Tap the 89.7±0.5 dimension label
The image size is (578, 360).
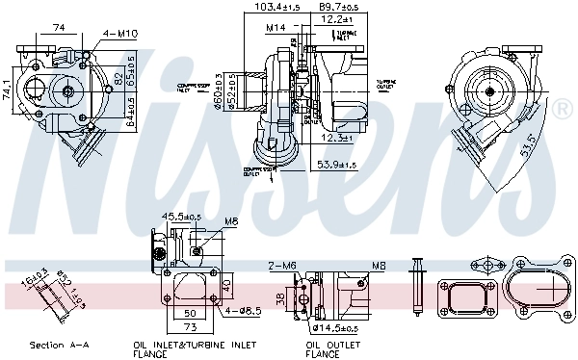click(x=339, y=7)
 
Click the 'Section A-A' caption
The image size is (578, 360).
click(x=59, y=345)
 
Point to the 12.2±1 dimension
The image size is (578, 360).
click(x=338, y=18)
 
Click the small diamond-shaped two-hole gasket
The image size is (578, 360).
click(x=488, y=264)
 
